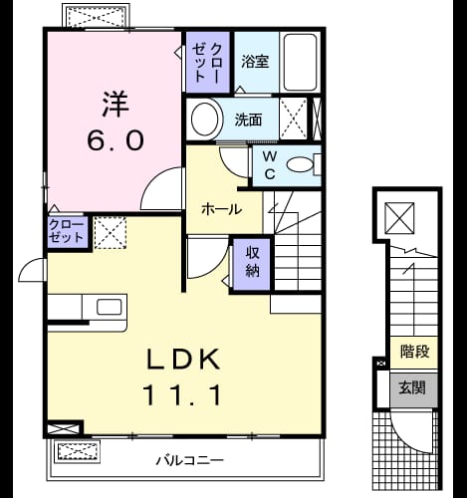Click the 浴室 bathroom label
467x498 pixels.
[255, 62]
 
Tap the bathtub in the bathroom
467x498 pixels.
[300, 62]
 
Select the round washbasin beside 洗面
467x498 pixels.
[205, 119]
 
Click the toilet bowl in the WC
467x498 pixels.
[300, 164]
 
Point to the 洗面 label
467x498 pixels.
[248, 120]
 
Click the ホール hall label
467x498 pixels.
[222, 209]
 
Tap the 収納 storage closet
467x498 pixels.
[252, 264]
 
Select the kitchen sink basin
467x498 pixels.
[109, 307]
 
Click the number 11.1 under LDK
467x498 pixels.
[182, 395]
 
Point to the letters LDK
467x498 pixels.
[183, 359]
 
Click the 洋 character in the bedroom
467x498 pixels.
[116, 104]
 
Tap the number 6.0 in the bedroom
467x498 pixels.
[116, 139]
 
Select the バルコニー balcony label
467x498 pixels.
[190, 460]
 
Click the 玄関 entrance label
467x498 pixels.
[412, 387]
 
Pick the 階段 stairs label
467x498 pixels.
[414, 352]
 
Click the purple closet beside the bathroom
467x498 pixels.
[208, 62]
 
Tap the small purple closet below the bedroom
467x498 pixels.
[68, 232]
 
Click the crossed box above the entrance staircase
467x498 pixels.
[399, 218]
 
